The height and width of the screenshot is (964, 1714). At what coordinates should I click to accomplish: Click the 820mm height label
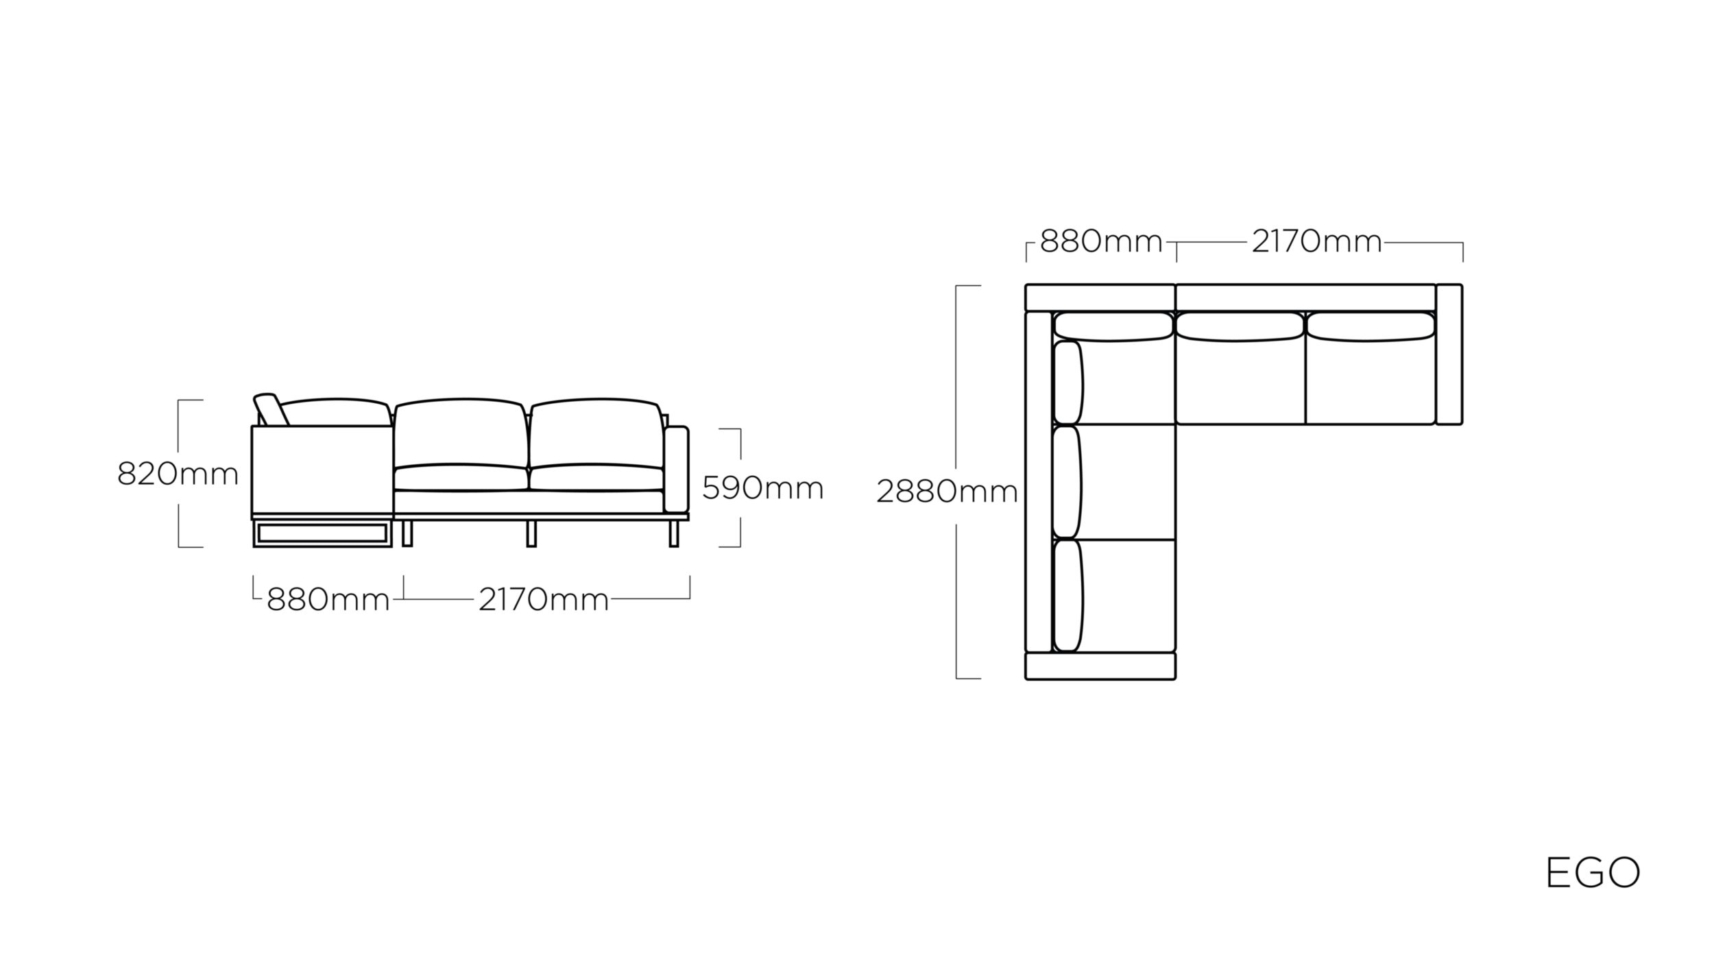[178, 474]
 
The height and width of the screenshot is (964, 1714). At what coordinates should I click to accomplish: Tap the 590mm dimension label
[762, 489]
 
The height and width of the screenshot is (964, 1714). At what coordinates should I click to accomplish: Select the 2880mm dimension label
[947, 492]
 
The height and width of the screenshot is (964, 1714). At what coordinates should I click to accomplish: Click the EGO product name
[1593, 873]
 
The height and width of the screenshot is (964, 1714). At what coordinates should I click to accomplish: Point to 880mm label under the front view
[328, 600]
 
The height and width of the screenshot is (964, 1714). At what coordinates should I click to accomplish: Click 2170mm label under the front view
[544, 600]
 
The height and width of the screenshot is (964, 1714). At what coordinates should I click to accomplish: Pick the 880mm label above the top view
[1101, 241]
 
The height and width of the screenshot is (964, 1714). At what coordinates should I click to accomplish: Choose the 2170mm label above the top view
[1317, 241]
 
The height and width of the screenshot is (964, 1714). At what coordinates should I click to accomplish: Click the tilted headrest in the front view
[269, 409]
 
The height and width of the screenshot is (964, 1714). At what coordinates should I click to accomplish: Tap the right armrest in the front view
[676, 469]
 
